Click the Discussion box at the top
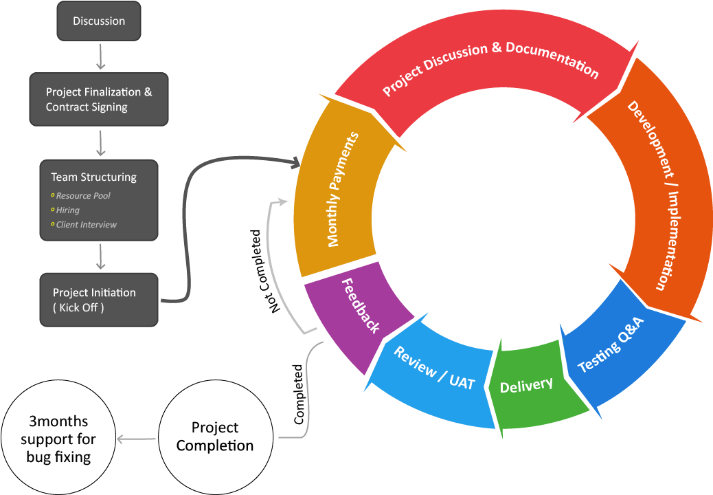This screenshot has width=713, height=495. point(99,21)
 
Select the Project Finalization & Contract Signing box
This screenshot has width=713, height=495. point(99,99)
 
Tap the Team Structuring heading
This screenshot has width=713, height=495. point(93,177)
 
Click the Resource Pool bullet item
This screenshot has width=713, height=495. point(83,196)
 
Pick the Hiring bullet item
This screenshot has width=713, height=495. point(68,210)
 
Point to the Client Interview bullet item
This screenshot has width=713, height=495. point(86,225)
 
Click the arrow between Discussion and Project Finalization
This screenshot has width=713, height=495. point(100,56)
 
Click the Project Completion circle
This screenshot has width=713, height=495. point(214,437)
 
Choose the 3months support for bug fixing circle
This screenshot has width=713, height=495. point(58,438)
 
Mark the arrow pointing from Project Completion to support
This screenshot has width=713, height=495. point(137,439)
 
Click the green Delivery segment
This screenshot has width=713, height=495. point(526,386)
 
